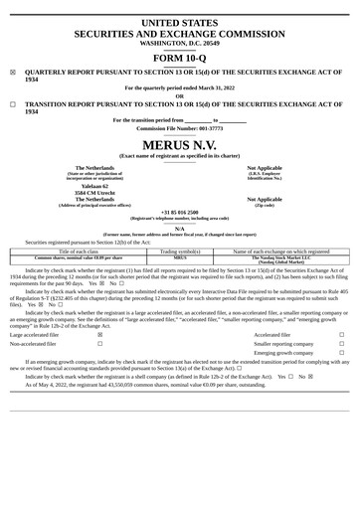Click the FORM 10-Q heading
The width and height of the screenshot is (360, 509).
point(180,57)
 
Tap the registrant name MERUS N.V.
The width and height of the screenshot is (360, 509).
point(180,145)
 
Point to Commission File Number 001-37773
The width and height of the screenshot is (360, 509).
point(180,128)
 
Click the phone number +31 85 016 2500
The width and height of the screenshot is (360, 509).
point(180,212)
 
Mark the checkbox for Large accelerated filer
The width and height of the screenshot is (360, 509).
point(100,335)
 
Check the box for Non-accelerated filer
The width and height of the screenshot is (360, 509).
point(100,344)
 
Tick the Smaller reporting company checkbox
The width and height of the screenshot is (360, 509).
point(341,344)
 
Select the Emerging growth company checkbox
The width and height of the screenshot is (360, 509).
point(341,353)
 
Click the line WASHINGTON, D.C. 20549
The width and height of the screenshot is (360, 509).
point(180,43)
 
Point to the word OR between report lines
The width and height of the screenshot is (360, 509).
point(180,95)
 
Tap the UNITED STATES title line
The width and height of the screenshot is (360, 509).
point(180,21)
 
